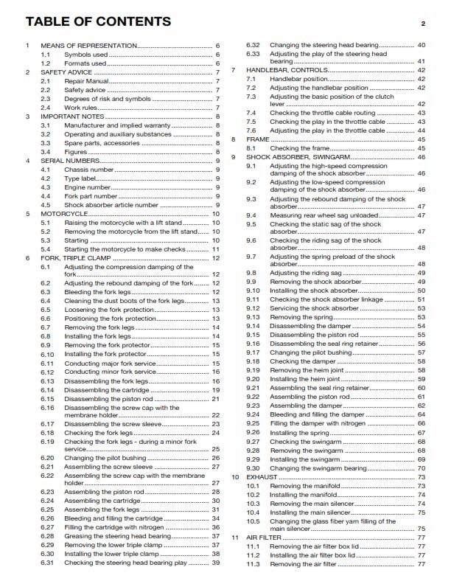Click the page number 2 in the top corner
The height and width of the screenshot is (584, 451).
point(423,24)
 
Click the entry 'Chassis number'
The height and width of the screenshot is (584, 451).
point(88,170)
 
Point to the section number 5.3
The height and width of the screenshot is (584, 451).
point(46,240)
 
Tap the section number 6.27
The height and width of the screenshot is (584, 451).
point(47,527)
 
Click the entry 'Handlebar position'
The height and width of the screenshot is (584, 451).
point(298,79)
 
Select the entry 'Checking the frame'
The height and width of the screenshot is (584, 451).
point(298,147)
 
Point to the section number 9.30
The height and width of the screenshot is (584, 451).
point(253,467)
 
